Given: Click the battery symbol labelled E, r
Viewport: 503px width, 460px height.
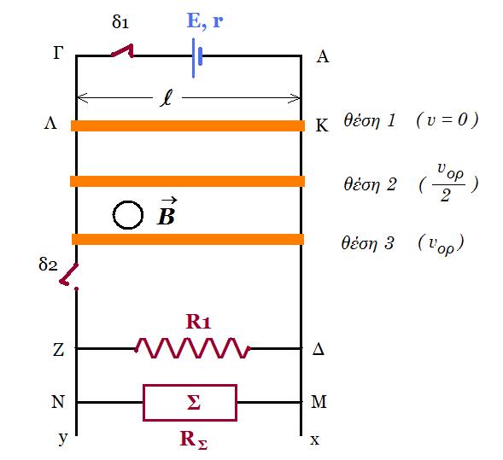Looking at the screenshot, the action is [196, 58].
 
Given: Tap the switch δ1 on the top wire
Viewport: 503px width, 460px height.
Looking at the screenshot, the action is [123, 51].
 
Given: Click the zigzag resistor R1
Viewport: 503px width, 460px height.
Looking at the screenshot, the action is [192, 348].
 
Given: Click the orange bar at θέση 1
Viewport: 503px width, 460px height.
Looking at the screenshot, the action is [188, 125].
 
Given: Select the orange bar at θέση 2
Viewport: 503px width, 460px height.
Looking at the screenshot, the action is [187, 181].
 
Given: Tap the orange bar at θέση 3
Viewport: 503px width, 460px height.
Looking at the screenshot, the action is [188, 239].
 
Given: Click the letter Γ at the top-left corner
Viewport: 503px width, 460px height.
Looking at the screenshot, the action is [58, 53].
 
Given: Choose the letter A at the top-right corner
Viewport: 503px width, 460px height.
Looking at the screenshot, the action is [323, 56].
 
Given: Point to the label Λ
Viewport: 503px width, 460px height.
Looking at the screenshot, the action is [50, 123].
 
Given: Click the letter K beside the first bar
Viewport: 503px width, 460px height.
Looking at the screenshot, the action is [322, 125].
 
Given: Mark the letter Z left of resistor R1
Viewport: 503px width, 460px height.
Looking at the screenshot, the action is [58, 349].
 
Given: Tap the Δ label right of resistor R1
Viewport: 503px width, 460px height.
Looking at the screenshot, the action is [319, 348].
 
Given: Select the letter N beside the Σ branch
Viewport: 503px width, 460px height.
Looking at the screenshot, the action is [58, 401].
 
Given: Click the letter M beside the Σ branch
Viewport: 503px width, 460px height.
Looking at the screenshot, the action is [319, 401].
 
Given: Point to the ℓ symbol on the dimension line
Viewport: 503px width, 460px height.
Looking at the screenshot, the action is [167, 97].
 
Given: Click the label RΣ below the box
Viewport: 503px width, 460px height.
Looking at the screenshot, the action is [194, 440].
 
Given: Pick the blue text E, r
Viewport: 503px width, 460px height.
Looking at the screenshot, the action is [205, 20].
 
